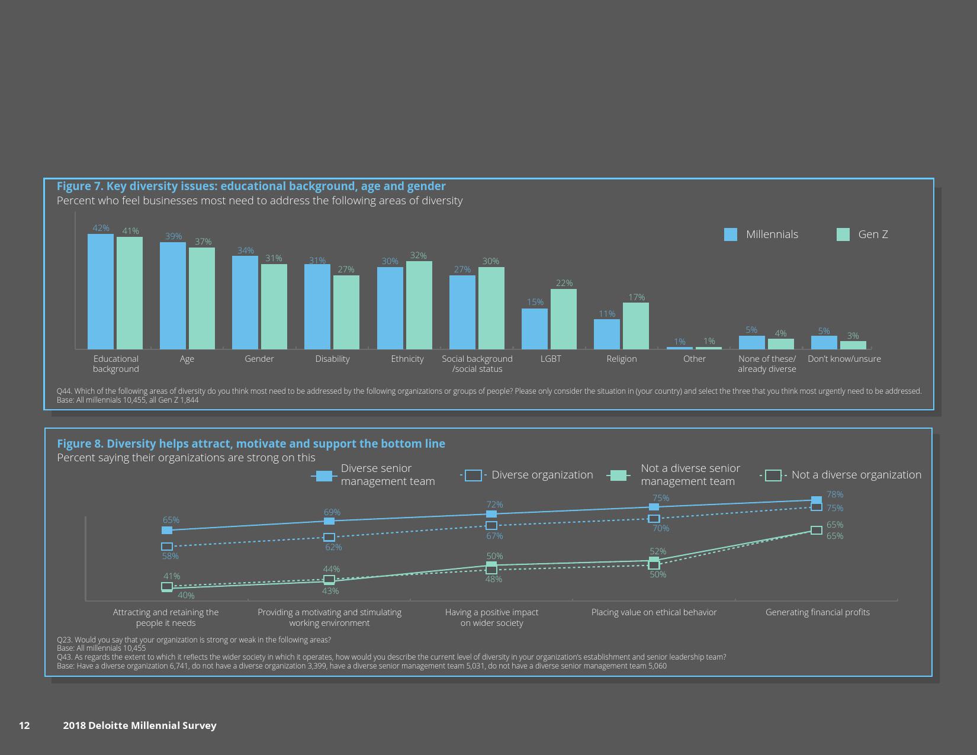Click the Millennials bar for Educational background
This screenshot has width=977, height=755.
(101, 291)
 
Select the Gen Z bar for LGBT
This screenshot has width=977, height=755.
(564, 319)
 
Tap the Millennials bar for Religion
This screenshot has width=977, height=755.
(607, 334)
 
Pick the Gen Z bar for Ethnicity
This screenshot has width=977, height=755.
(419, 305)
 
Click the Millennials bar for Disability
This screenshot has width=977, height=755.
(317, 306)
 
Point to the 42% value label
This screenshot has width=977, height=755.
(101, 228)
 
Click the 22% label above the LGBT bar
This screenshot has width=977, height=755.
(564, 283)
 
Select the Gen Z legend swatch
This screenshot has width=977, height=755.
(843, 234)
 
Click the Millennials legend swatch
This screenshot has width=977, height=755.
(731, 234)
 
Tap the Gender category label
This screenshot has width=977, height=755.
(259, 359)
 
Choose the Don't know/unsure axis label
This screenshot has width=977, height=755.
(844, 359)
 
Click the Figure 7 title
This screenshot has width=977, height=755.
(251, 186)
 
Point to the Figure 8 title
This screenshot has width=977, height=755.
(251, 444)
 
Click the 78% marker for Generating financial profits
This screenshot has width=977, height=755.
(817, 500)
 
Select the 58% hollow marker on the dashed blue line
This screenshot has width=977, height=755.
(167, 547)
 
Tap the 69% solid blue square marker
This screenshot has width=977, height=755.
(329, 521)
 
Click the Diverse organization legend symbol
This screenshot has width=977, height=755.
(473, 475)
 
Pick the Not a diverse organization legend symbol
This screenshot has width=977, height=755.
(773, 475)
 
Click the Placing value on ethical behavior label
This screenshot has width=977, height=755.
(654, 612)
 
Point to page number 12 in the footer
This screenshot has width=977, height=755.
(24, 725)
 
